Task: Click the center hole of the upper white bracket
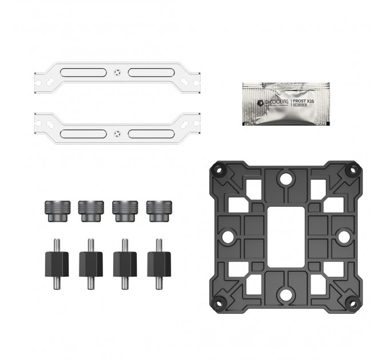pyautogui.click(x=117, y=73)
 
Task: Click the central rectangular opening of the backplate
pyautogui.click(x=283, y=234)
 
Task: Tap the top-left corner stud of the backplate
pyautogui.click(x=217, y=169)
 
